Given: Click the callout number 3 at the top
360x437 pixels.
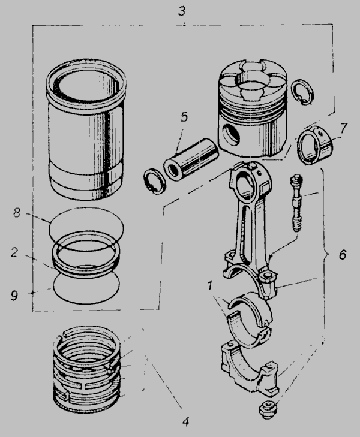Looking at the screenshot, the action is tap(182, 11).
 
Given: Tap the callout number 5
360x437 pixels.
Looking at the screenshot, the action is tap(184, 117).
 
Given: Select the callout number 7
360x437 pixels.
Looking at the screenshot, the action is tap(344, 128).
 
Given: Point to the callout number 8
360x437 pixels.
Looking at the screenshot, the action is tap(17, 213).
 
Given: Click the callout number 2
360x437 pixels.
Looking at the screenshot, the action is tap(15, 252).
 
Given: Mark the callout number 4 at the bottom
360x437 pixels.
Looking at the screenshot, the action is tap(186, 421).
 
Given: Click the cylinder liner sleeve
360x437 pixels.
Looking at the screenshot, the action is tap(86, 129).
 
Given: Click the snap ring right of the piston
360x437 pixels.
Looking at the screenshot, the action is tap(302, 92).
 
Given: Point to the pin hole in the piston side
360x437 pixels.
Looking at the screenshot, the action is tap(232, 135).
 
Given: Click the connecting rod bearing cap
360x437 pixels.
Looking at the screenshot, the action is tap(250, 369).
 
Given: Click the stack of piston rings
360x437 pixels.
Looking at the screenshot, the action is tap(87, 370).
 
